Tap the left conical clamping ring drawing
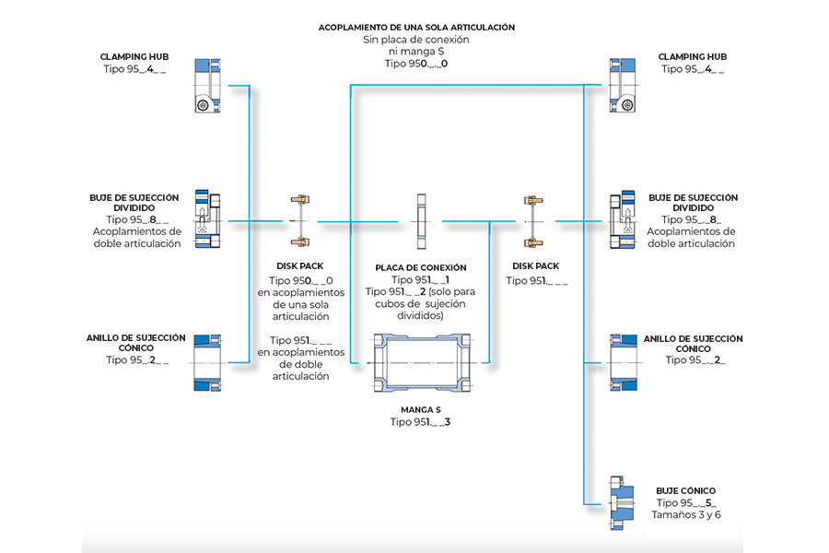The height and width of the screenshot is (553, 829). pyautogui.click(x=207, y=361)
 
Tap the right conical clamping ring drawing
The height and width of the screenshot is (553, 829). pyautogui.click(x=623, y=361)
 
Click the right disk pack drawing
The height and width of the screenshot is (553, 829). pyautogui.click(x=530, y=220)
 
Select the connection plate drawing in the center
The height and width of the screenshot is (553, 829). pyautogui.click(x=421, y=220)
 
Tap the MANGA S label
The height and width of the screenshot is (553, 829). pyautogui.click(x=421, y=408)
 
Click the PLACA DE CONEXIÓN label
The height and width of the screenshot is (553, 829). pyautogui.click(x=421, y=267)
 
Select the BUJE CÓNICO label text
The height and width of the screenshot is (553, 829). pyautogui.click(x=685, y=490)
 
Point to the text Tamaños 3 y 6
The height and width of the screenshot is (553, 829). pyautogui.click(x=686, y=514)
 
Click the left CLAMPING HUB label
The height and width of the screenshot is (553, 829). pyautogui.click(x=134, y=56)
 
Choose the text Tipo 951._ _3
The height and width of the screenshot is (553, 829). pyautogui.click(x=420, y=422)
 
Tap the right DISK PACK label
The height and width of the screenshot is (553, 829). pyautogui.click(x=535, y=266)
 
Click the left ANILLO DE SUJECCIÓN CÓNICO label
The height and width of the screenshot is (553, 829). pyautogui.click(x=137, y=343)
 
